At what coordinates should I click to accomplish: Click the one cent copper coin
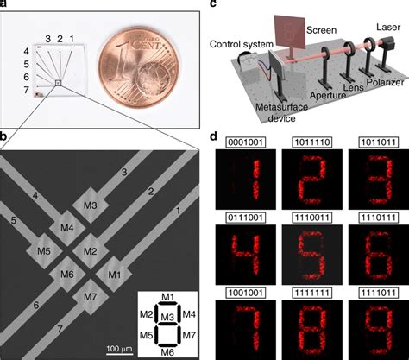(x=139, y=70)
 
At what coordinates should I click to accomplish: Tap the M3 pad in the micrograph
(x=91, y=205)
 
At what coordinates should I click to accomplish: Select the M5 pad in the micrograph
(x=44, y=251)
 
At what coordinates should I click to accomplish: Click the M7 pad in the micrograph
(x=91, y=297)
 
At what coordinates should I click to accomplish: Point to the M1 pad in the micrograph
(x=114, y=275)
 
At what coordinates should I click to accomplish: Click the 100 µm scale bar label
(x=119, y=349)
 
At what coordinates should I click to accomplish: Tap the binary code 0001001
(x=246, y=142)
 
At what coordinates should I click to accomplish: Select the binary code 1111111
(x=312, y=293)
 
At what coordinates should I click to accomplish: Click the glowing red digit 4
(x=246, y=254)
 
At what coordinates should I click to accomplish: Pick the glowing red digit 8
(x=312, y=331)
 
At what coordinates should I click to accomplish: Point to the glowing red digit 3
(x=379, y=179)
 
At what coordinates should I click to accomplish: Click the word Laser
(x=388, y=28)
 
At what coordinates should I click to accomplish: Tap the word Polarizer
(x=385, y=82)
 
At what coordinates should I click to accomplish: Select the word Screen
(x=321, y=30)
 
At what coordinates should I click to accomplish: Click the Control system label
(x=241, y=44)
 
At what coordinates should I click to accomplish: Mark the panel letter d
(x=213, y=136)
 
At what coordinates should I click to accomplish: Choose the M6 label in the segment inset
(x=167, y=352)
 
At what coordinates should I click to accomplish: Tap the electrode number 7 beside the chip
(x=27, y=90)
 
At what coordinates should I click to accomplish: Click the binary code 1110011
(x=312, y=218)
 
